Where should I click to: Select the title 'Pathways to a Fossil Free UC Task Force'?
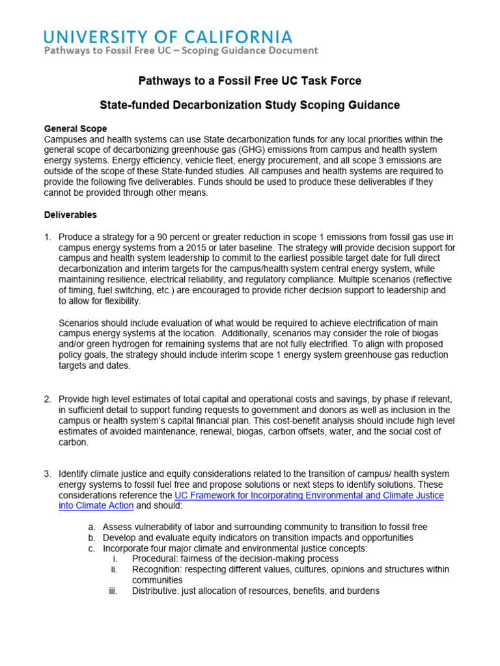(x=249, y=81)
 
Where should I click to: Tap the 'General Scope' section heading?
(x=75, y=129)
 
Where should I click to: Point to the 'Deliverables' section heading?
(x=70, y=215)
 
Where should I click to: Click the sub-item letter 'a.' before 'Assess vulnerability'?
(x=90, y=527)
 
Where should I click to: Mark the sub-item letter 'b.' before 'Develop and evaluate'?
(x=90, y=538)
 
